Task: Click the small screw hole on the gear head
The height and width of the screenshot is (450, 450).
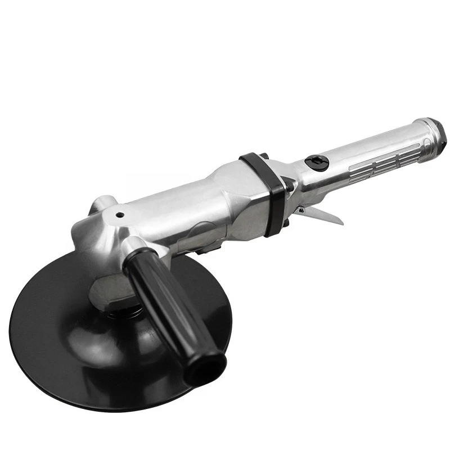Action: click(x=120, y=214)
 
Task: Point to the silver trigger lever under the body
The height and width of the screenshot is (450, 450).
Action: click(x=323, y=214)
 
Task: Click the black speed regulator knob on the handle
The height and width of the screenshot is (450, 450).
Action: click(x=317, y=163)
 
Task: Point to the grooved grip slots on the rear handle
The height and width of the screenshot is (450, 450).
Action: click(x=388, y=157)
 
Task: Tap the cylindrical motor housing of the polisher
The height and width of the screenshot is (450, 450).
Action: click(x=186, y=208)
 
